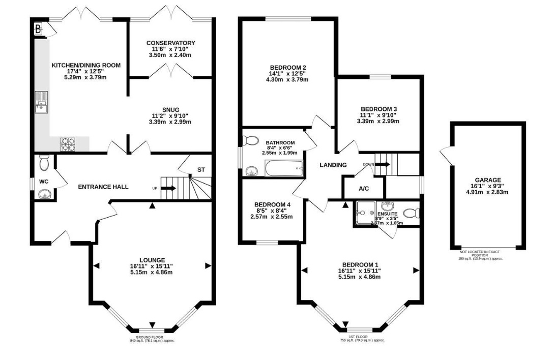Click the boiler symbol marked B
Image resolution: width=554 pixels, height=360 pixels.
click(38, 28)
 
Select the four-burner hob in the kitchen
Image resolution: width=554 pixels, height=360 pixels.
click(67, 144)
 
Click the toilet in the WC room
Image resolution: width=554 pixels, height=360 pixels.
click(43, 163)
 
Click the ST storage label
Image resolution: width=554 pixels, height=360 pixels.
click(201, 170)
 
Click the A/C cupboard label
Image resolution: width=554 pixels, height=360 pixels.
click(364, 189)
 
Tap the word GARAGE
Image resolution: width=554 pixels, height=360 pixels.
click(488, 180)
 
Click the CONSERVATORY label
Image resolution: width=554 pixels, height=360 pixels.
click(170, 43)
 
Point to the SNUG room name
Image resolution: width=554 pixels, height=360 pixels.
click(170, 109)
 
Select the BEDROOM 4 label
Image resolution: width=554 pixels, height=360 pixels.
click(272, 205)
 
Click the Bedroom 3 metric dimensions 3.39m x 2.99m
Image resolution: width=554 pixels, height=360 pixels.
click(378, 121)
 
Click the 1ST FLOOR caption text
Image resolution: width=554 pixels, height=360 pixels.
click(362, 337)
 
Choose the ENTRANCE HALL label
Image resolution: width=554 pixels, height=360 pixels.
click(103, 187)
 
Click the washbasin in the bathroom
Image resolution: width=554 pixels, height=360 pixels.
click(251, 171)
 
